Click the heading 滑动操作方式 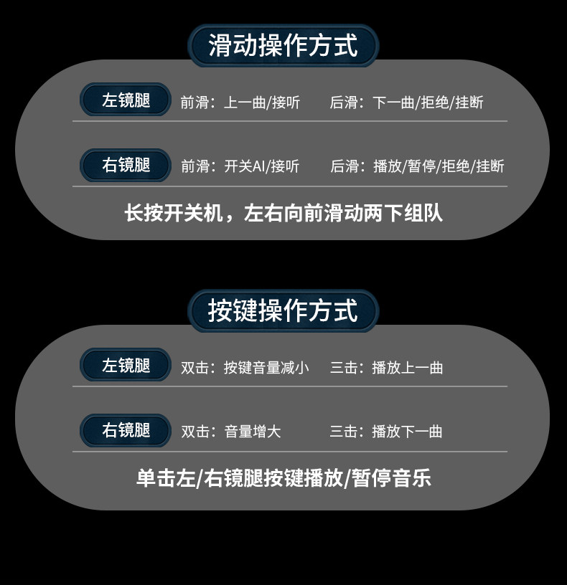[283, 46]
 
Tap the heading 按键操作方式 [283, 311]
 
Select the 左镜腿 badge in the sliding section [126, 100]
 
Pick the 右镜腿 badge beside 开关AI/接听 [126, 166]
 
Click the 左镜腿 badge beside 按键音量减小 [126, 366]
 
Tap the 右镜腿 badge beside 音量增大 [126, 431]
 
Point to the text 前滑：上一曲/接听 [240, 103]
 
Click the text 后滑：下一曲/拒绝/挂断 [406, 103]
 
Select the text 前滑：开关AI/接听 [240, 167]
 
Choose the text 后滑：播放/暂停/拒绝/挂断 [417, 167]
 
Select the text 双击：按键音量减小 [245, 368]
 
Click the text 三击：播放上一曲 [386, 368]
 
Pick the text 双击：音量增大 [230, 432]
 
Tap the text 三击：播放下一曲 [386, 432]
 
